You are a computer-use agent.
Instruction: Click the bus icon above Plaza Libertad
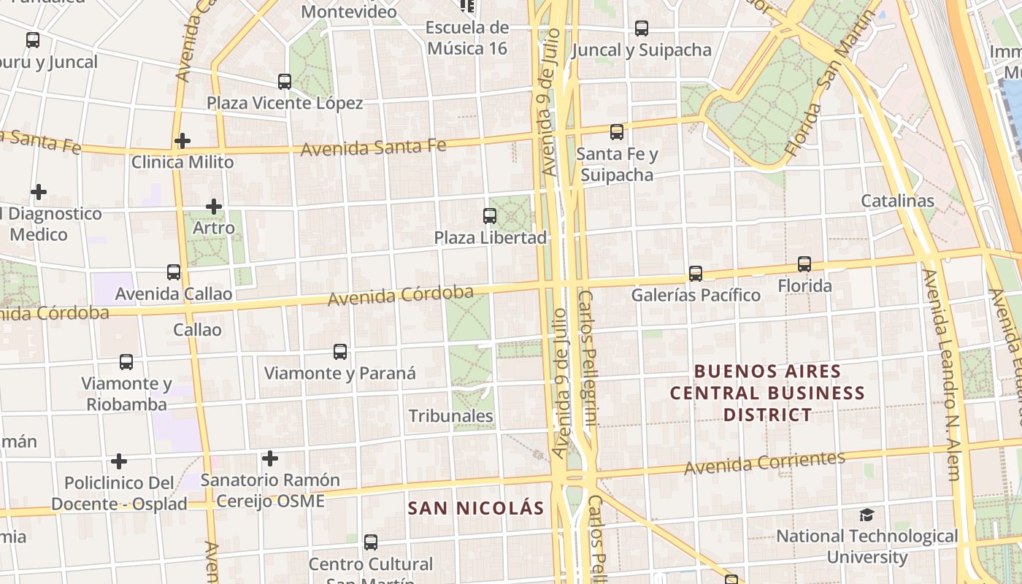pos(490,216)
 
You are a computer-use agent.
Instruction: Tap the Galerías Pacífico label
pos(696,295)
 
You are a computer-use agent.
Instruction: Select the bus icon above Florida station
pos(804,264)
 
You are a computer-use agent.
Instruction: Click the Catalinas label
pos(897,201)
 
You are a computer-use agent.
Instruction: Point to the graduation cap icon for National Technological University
pos(867,515)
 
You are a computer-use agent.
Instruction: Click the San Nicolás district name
pos(476,508)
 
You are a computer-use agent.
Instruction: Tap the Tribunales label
pos(451,416)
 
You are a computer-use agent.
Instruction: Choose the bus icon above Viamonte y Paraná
pos(340,352)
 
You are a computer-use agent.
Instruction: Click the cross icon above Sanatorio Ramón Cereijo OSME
pos(270,458)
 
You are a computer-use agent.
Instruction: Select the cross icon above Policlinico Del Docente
pos(119,461)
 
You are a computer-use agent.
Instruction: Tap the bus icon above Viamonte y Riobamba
pos(126,362)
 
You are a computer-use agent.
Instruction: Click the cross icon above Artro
pos(214,207)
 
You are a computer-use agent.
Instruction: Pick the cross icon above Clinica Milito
pos(182,140)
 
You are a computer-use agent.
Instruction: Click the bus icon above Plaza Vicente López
pos(285,82)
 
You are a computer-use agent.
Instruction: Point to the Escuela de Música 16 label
pos(467,38)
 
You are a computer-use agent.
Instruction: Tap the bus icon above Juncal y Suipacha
pos(642,28)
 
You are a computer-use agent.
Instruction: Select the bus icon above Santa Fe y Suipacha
pos(617,132)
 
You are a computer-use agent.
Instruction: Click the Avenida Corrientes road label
pos(764,462)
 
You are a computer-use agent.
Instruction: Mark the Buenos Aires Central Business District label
pos(767,393)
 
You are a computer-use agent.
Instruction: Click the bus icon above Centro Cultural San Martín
pos(371,542)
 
